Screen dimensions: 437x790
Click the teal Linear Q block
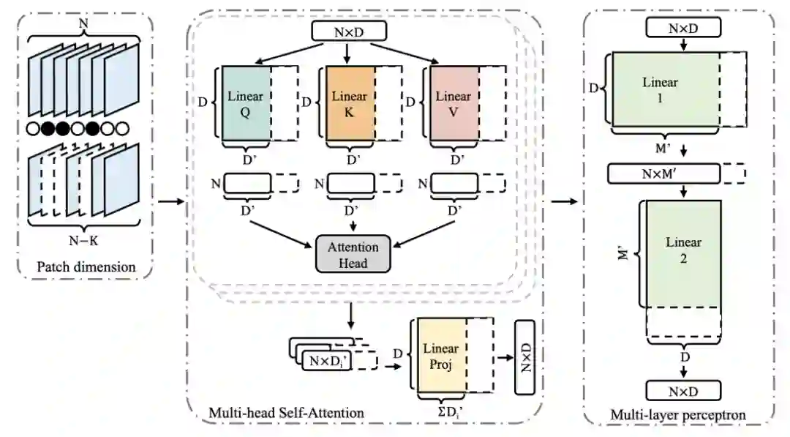(x=245, y=103)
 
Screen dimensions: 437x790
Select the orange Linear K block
(x=350, y=103)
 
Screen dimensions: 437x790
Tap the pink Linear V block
(x=453, y=103)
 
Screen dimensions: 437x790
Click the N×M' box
(x=664, y=173)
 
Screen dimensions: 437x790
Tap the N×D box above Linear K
(x=347, y=31)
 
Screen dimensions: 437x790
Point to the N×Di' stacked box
(x=328, y=360)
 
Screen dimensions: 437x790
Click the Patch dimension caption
(x=86, y=267)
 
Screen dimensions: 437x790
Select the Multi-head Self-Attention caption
(x=286, y=413)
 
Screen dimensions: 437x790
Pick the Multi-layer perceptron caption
(x=678, y=415)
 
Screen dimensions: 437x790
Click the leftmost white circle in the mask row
(x=31, y=130)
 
